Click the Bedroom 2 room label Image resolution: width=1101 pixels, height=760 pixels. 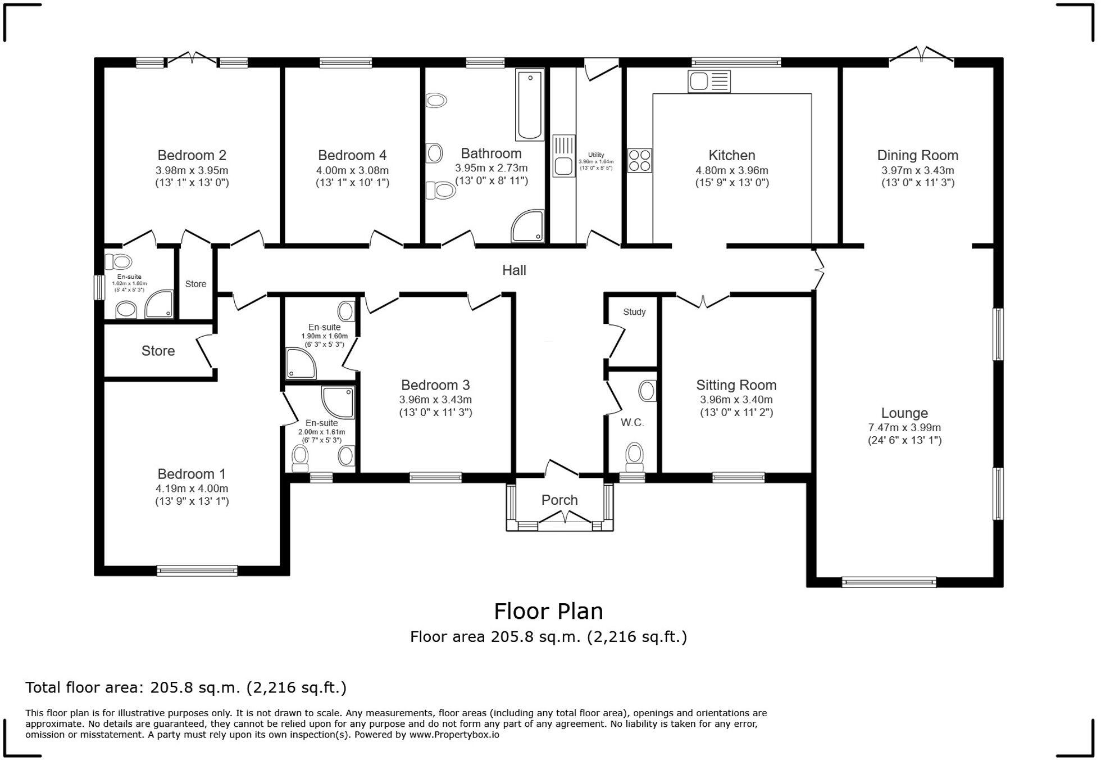[x=192, y=155]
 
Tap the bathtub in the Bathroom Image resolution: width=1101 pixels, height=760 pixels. [x=529, y=105]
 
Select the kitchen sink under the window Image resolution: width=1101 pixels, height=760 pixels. [x=708, y=82]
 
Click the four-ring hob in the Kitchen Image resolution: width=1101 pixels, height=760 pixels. [x=639, y=160]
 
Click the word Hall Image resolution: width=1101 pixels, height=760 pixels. [x=513, y=270]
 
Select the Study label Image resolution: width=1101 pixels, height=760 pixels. [x=634, y=312]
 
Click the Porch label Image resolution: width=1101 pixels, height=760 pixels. [x=559, y=500]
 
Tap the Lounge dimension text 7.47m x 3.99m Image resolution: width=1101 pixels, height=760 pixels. [x=904, y=427]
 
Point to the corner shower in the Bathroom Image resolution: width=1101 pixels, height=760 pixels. [x=528, y=226]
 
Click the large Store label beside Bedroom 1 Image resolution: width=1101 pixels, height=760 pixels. [x=158, y=351]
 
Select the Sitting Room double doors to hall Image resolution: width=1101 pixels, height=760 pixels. [x=703, y=301]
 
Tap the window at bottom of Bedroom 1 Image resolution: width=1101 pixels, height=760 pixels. [x=197, y=571]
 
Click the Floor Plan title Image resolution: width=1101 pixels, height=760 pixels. [x=548, y=611]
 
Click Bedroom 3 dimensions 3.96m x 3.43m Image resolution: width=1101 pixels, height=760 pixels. [x=435, y=400]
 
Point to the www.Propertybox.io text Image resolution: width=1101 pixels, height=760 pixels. [x=454, y=735]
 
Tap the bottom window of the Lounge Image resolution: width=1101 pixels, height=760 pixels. [x=889, y=582]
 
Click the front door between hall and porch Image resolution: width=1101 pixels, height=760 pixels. [x=561, y=468]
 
